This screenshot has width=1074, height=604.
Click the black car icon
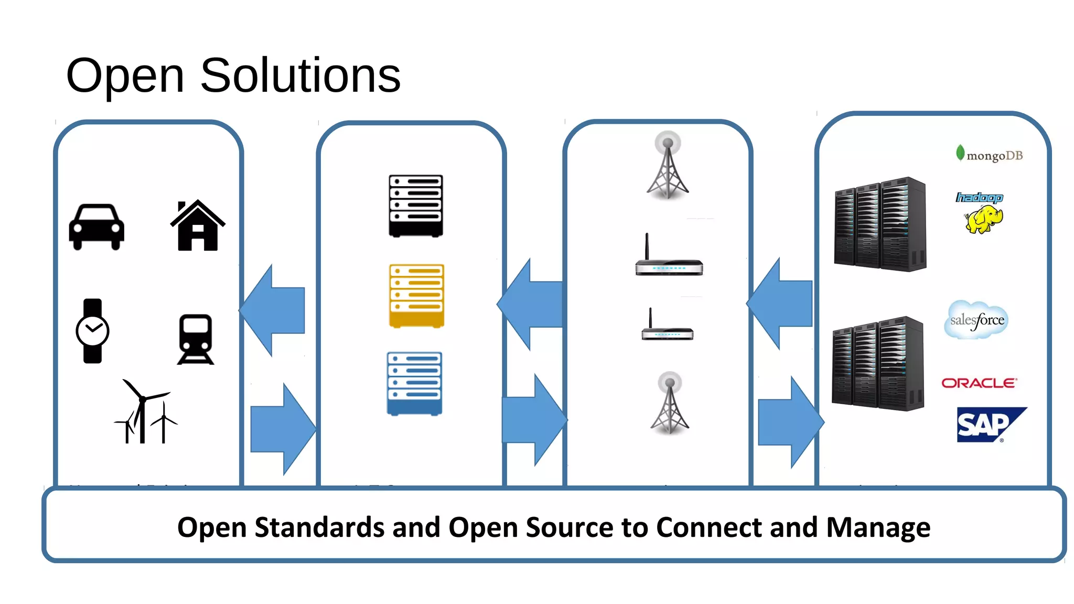(x=96, y=227)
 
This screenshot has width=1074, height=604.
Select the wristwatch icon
(x=92, y=331)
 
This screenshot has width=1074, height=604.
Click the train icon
(x=196, y=339)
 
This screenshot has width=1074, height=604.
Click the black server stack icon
(x=415, y=206)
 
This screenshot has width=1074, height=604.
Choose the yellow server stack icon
(x=416, y=295)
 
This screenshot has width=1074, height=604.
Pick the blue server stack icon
(x=414, y=383)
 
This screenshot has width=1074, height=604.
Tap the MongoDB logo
(x=989, y=155)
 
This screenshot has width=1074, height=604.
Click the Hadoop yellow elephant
(x=983, y=219)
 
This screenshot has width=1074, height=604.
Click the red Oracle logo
(x=979, y=383)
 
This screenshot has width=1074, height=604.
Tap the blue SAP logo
(x=986, y=425)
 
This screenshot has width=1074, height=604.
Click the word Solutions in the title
(x=300, y=76)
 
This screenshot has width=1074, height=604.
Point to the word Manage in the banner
(x=878, y=527)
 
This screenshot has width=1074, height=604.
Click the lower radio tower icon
(x=670, y=404)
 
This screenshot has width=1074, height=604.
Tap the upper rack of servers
(x=880, y=224)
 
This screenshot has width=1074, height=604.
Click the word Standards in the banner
(x=319, y=527)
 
